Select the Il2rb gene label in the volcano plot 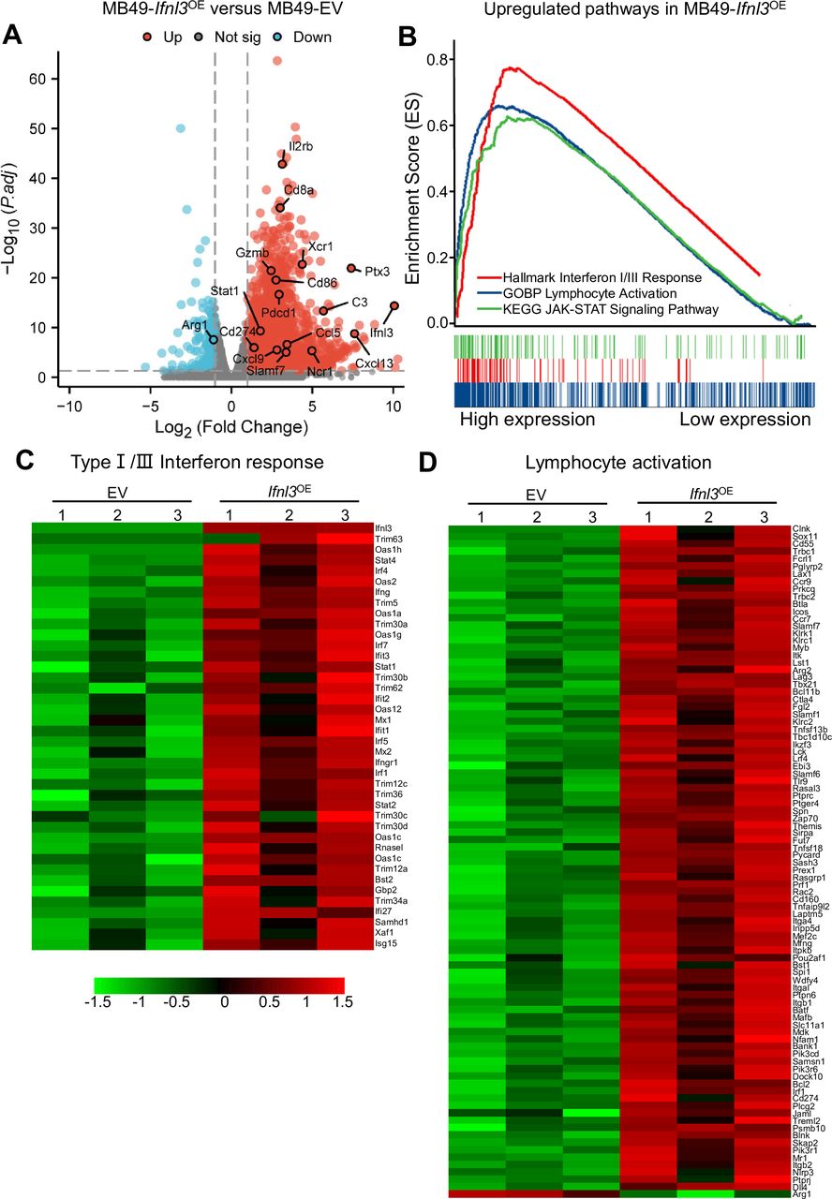pyautogui.click(x=300, y=146)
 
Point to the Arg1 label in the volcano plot pyautogui.click(x=194, y=325)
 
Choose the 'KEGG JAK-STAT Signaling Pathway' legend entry pyautogui.click(x=601, y=308)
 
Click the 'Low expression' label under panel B pyautogui.click(x=745, y=419)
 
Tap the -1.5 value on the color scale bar pyautogui.click(x=95, y=1000)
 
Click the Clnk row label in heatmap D pyautogui.click(x=801, y=528)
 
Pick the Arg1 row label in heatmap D pyautogui.click(x=802, y=1193)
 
